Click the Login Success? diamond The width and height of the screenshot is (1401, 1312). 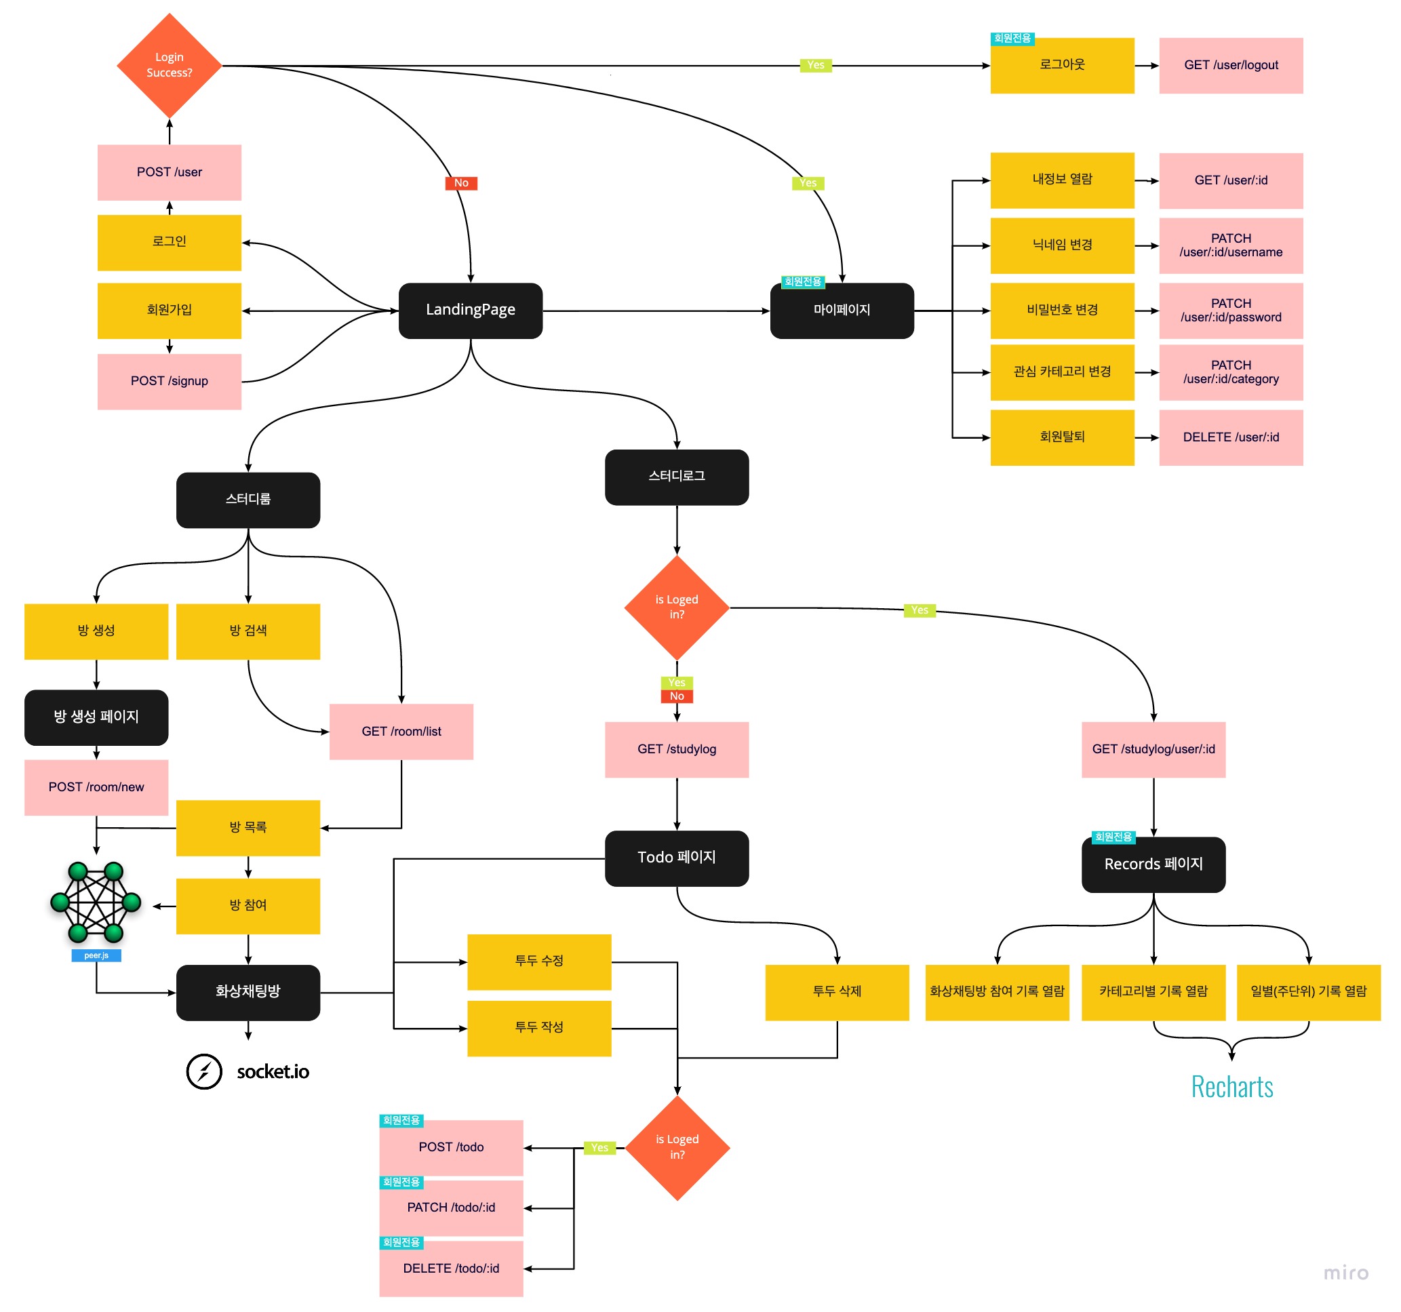click(169, 66)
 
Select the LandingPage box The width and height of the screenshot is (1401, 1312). click(470, 311)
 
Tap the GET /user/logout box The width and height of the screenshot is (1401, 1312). click(1231, 66)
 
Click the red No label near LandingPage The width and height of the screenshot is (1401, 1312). click(461, 183)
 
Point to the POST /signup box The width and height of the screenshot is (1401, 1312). click(169, 381)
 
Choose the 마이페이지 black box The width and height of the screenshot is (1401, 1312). click(842, 311)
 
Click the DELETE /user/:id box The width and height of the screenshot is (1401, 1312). click(1231, 437)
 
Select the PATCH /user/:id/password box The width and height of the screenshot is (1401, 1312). click(1231, 311)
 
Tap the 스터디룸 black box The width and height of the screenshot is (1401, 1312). click(248, 500)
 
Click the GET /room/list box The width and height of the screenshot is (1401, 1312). click(401, 732)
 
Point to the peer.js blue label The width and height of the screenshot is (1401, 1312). click(96, 955)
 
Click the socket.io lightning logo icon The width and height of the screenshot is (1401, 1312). click(204, 1072)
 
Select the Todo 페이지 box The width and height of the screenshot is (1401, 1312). click(677, 858)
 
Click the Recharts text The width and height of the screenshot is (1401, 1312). click(1232, 1086)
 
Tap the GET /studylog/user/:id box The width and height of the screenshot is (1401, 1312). click(1153, 749)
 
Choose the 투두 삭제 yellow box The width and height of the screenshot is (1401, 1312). click(837, 992)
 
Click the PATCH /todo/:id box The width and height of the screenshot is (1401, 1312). click(451, 1208)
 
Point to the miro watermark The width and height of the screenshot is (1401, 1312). click(1345, 1273)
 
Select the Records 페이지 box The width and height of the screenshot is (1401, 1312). click(1153, 864)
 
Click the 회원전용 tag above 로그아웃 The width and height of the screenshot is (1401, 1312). click(1012, 38)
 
